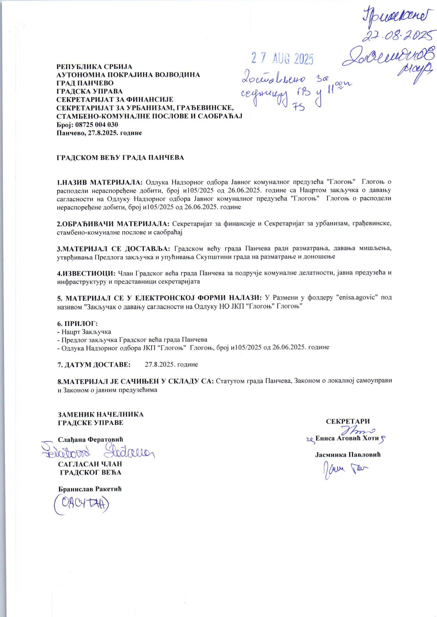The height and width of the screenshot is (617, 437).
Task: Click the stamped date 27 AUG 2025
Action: point(282,59)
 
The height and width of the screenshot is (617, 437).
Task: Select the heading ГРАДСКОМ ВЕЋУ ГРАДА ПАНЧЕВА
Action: point(121,157)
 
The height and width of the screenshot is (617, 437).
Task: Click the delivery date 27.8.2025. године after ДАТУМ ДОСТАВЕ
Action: point(171,364)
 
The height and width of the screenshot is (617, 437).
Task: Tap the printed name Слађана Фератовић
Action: point(91,439)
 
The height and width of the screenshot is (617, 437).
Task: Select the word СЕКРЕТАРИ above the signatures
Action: point(347,421)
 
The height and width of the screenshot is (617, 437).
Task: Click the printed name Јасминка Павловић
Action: point(347,454)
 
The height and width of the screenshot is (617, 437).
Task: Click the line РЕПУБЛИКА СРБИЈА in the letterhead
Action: point(94,67)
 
